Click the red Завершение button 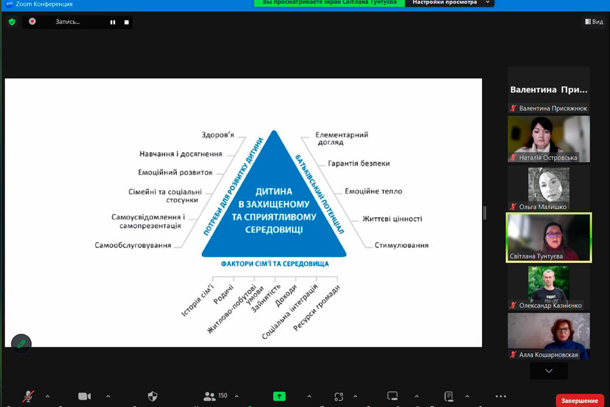(x=579, y=400)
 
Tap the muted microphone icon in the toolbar (x=28, y=396)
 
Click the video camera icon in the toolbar (x=85, y=396)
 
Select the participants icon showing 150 (x=216, y=396)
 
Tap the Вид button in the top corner (x=594, y=22)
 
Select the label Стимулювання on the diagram (x=401, y=245)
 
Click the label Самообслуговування (x=133, y=245)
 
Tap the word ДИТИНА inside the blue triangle (x=274, y=192)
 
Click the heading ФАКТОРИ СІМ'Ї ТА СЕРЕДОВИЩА (x=274, y=263)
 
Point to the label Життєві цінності (x=392, y=218)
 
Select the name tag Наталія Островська (x=548, y=157)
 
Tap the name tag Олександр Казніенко (x=550, y=305)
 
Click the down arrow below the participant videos (x=549, y=371)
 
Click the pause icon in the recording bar (x=113, y=22)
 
